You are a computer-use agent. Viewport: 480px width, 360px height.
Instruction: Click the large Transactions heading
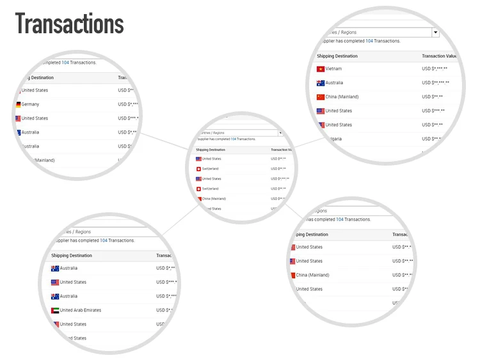pos(70,24)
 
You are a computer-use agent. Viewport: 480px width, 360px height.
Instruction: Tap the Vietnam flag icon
pos(321,69)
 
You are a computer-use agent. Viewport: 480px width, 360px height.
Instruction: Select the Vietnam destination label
pos(333,69)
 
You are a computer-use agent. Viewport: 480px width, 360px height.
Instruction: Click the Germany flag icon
pos(18,104)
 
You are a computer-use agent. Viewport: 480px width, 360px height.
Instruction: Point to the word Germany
pos(30,104)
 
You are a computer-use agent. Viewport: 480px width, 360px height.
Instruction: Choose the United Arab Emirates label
pos(81,310)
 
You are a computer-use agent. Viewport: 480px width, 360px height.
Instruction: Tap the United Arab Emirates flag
pos(55,310)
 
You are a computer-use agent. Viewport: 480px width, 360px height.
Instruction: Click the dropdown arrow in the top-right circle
pos(435,32)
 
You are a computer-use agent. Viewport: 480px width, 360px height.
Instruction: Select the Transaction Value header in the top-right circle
pos(443,56)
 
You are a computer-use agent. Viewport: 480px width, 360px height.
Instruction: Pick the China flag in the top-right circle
pos(321,97)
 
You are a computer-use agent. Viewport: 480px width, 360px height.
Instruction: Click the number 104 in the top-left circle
pos(65,63)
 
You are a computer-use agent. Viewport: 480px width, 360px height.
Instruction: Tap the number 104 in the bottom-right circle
pos(340,219)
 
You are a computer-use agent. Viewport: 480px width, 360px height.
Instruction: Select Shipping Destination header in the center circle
pos(211,150)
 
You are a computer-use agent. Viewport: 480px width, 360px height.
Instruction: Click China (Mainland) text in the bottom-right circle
pos(312,275)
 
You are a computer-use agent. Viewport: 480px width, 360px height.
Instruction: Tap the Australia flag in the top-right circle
pos(321,83)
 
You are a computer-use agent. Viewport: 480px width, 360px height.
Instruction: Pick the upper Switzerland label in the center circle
pos(210,169)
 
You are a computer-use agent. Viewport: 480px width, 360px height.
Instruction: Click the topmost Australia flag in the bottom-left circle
pos(55,269)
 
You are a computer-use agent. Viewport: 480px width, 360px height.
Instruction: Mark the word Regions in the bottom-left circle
pos(83,231)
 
